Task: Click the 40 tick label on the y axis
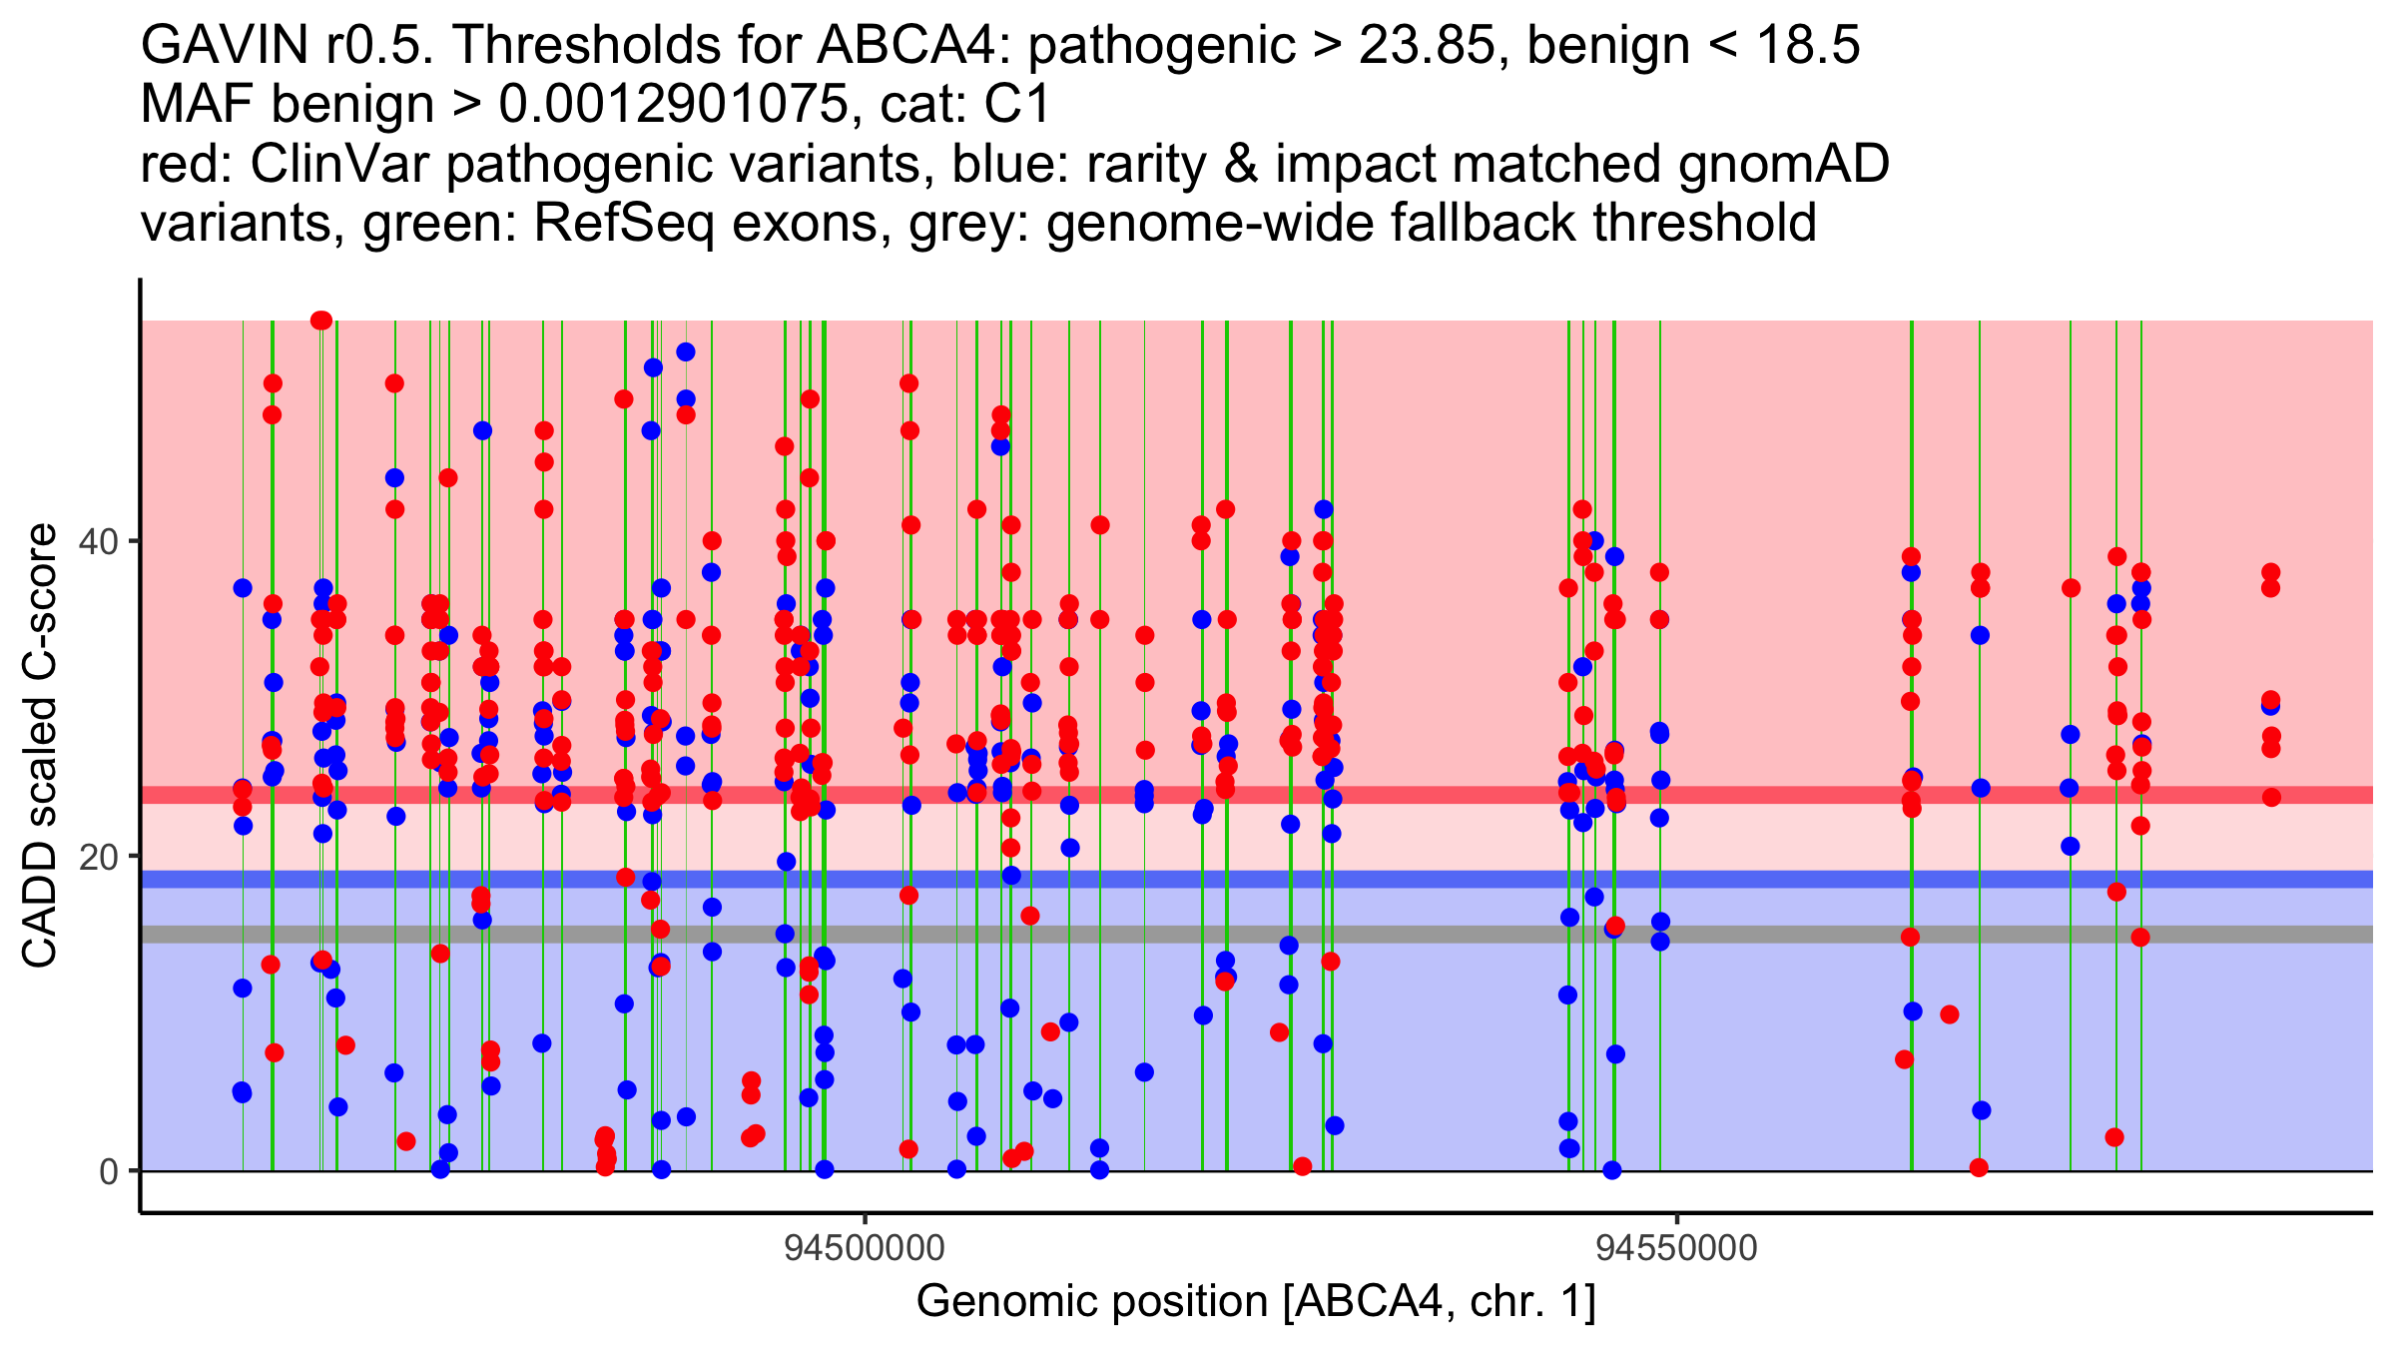tap(100, 542)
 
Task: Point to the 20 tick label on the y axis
tap(100, 857)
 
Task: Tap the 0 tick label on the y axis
tap(109, 1171)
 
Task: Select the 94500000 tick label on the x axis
tap(865, 1249)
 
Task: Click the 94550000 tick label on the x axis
tap(1676, 1249)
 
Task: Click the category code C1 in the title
tap(1017, 104)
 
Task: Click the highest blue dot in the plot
tap(686, 351)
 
